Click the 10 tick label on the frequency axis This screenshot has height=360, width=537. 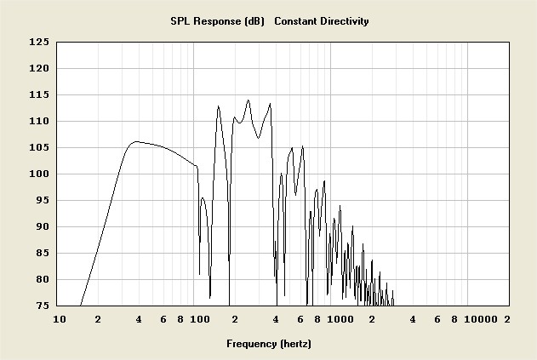[59, 319]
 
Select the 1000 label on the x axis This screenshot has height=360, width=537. [340, 319]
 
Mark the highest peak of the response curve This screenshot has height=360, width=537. [248, 100]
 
